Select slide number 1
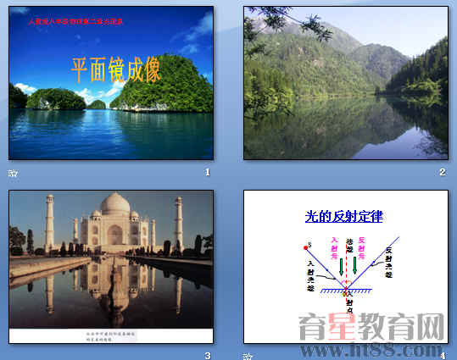pyautogui.click(x=207, y=172)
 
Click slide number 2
pyautogui.click(x=442, y=172)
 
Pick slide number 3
pyautogui.click(x=207, y=355)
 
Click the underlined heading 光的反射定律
pyautogui.click(x=343, y=217)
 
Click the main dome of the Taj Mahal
pyautogui.click(x=115, y=206)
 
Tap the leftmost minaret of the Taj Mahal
pyautogui.click(x=50, y=222)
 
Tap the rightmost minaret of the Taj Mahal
pyautogui.click(x=178, y=223)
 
